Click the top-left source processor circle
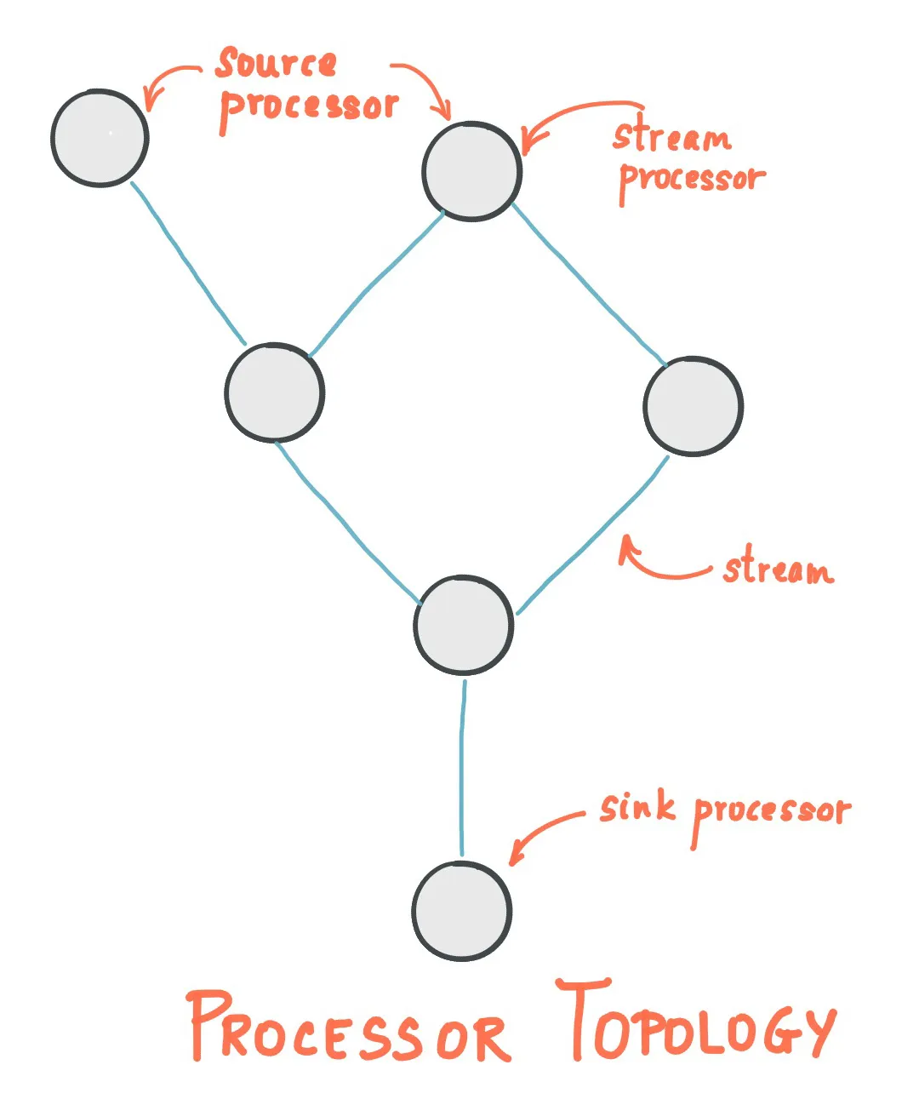pyautogui.click(x=100, y=138)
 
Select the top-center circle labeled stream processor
pyautogui.click(x=471, y=171)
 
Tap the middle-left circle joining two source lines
pyautogui.click(x=274, y=392)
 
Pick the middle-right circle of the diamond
pyautogui.click(x=693, y=406)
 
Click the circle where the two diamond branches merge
pyautogui.click(x=464, y=625)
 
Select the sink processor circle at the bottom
pyautogui.click(x=462, y=911)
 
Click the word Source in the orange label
pyautogui.click(x=277, y=64)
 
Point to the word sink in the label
pyautogui.click(x=636, y=807)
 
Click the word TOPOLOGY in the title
pyautogui.click(x=698, y=1022)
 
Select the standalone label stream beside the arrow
pyautogui.click(x=778, y=569)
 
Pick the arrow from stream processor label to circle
pyautogui.click(x=570, y=115)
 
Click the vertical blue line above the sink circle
pyautogui.click(x=462, y=766)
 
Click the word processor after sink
pyautogui.click(x=771, y=813)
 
